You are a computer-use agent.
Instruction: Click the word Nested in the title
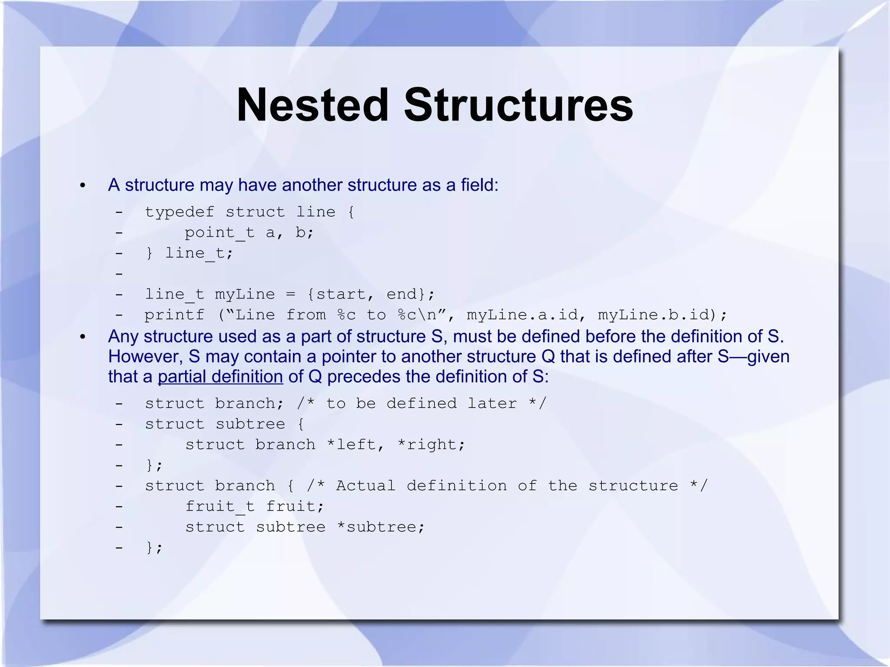(312, 105)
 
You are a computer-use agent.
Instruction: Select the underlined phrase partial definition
(220, 377)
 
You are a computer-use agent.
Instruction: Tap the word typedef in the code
(179, 212)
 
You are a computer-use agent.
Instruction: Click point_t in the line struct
(219, 233)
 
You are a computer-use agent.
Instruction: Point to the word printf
(174, 315)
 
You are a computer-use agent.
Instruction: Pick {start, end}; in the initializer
(371, 294)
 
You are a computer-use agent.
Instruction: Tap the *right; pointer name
(432, 445)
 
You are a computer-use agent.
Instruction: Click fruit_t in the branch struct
(220, 507)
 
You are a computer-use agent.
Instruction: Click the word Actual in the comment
(365, 485)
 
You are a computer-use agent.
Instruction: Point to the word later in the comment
(492, 403)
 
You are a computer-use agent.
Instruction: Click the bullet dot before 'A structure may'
(83, 186)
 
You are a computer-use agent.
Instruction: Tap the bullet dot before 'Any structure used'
(83, 337)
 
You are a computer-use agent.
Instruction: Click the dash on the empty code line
(119, 274)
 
